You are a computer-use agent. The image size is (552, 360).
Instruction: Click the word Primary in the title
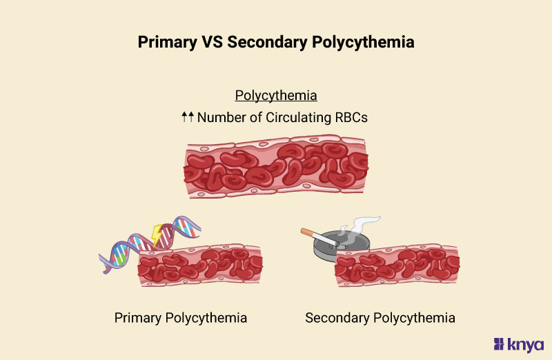tap(167, 42)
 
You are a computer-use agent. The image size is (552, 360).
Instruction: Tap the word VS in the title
tap(213, 42)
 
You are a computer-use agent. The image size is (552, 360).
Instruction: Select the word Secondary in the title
tap(267, 42)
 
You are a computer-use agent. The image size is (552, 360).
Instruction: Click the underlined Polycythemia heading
tap(276, 95)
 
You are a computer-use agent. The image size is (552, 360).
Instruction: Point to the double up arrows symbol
tap(188, 117)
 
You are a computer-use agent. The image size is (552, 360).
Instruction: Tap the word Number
tap(221, 117)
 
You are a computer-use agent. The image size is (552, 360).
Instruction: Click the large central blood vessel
tap(276, 166)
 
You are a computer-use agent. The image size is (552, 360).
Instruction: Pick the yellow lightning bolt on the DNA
tap(157, 234)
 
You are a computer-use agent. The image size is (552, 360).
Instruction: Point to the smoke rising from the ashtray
tap(361, 226)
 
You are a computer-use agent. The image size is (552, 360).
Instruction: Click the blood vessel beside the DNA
tap(200, 265)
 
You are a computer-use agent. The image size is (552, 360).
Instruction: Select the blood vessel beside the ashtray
tap(397, 266)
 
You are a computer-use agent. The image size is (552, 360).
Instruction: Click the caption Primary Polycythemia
tap(181, 318)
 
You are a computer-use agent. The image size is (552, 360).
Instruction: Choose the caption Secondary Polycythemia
tap(380, 318)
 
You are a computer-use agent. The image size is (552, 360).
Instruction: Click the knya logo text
tap(525, 344)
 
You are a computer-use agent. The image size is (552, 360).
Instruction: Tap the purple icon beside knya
tap(499, 344)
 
